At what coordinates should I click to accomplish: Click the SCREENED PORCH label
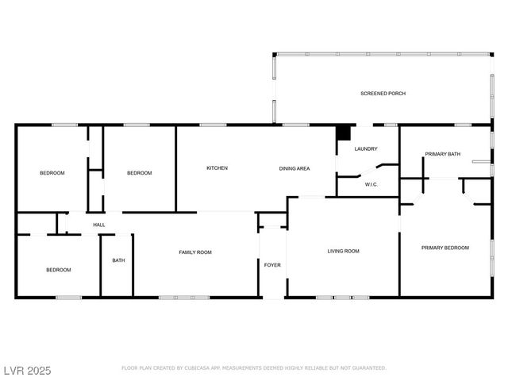pos(383,94)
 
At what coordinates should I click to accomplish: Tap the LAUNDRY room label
pos(365,148)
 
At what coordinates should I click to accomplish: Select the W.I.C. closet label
pos(371,184)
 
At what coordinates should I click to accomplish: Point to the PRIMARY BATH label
pos(442,154)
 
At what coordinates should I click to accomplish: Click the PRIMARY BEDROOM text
pos(444,248)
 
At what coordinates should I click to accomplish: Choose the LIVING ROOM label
pos(343,251)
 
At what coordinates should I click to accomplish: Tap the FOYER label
pos(272,264)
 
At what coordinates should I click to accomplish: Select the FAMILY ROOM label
pos(194,252)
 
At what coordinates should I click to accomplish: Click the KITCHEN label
pos(217,168)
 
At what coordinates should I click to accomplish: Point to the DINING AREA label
pos(294,168)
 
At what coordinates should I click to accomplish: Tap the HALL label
pos(99,225)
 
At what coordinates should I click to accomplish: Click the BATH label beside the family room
pos(117,260)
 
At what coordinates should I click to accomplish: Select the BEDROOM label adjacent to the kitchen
pos(139,172)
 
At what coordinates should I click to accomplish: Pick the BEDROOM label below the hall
pos(58,270)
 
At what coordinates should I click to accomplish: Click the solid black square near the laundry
pos(343,133)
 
